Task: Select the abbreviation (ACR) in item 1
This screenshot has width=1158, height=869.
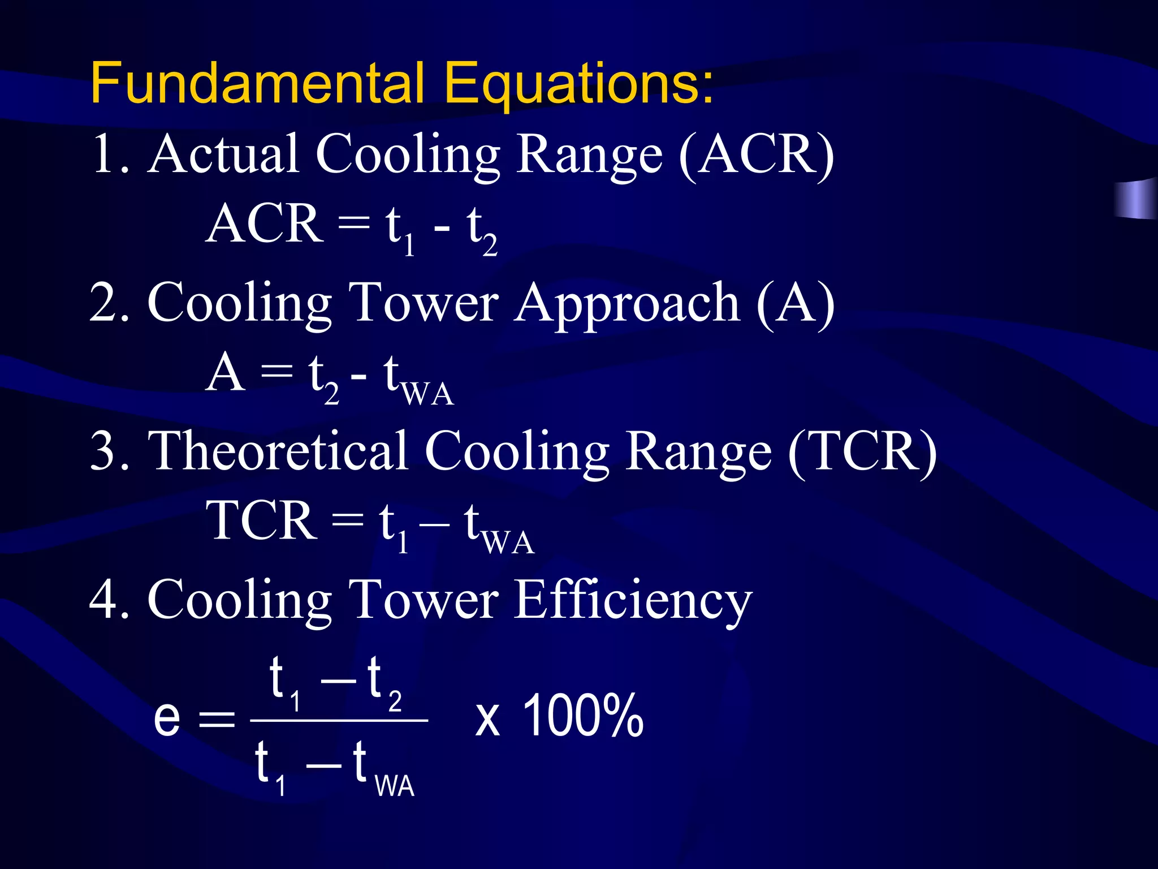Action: (756, 155)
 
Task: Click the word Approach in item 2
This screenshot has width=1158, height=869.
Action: (627, 306)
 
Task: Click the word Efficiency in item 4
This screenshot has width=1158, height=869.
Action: (634, 601)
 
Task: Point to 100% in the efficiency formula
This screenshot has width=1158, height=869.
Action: (583, 716)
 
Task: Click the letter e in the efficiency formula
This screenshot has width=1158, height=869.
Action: (167, 717)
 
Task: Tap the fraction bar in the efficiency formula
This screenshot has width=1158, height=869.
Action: (339, 721)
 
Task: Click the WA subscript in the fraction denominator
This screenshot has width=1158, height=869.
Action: (395, 786)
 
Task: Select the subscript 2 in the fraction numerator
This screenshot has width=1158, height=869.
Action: (395, 702)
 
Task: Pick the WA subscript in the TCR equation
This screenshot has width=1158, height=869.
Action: (508, 543)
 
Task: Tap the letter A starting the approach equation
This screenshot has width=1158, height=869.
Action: (224, 373)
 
